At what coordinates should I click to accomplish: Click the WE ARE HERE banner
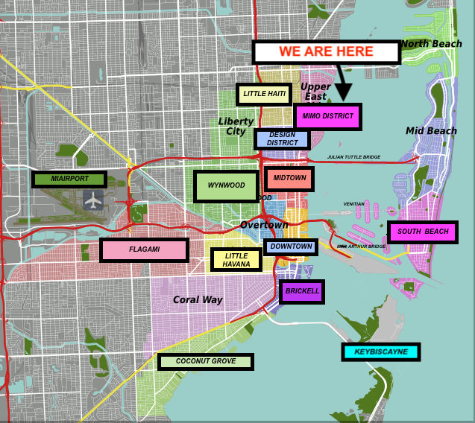click(x=326, y=52)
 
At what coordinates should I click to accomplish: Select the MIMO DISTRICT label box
click(x=328, y=116)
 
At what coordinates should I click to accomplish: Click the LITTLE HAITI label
click(x=264, y=94)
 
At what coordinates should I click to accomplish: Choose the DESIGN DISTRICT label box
click(x=282, y=139)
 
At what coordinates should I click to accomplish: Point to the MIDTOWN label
click(x=289, y=179)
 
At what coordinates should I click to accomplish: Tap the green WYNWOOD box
click(x=226, y=186)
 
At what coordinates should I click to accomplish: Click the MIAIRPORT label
click(x=70, y=179)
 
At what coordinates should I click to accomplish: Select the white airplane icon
click(x=93, y=200)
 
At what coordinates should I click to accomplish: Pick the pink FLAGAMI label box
click(x=144, y=250)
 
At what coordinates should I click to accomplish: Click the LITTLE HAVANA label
click(x=236, y=259)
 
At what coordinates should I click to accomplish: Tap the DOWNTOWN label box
click(x=291, y=247)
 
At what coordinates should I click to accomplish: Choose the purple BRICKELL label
click(x=301, y=291)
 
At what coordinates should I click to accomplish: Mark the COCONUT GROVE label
click(x=206, y=362)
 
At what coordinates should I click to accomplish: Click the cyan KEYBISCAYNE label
click(x=381, y=352)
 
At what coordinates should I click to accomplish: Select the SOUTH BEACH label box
click(x=423, y=232)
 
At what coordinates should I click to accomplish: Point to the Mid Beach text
click(x=431, y=131)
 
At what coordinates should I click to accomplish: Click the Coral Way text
click(x=198, y=300)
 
